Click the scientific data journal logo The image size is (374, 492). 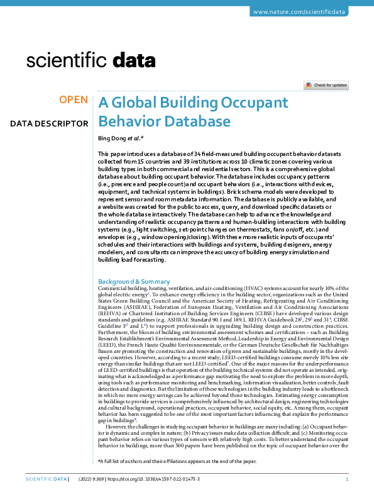click(91, 61)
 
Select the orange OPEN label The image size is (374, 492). click(73, 100)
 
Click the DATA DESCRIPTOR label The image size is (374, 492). click(49, 124)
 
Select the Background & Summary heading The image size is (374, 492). click(135, 281)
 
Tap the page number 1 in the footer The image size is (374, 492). click(348, 479)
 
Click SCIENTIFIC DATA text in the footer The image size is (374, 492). click(45, 479)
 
